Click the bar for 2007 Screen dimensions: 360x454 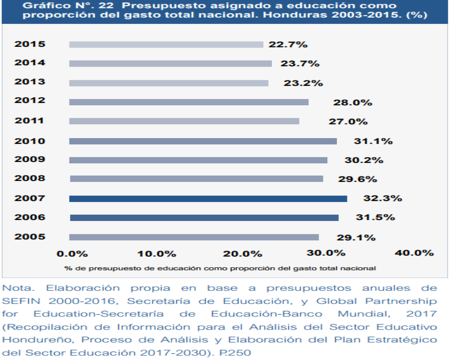pyautogui.click(x=208, y=198)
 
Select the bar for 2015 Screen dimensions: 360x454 pyautogui.click(x=166, y=45)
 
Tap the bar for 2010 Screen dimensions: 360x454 pyautogui.click(x=203, y=141)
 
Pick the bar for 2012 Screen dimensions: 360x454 pyautogui.click(x=189, y=102)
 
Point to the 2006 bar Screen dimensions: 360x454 pyautogui.click(x=204, y=218)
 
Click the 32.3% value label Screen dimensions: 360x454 pyautogui.click(x=383, y=198)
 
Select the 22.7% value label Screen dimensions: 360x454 pyautogui.click(x=288, y=45)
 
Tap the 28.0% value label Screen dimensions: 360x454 pyautogui.click(x=353, y=103)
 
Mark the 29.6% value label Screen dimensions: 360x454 pyautogui.click(x=357, y=179)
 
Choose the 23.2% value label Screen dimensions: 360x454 pyautogui.click(x=303, y=83)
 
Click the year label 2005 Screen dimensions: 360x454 pyautogui.click(x=30, y=237)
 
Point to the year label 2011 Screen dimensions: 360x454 pyautogui.click(x=30, y=121)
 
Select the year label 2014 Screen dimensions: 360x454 pyautogui.click(x=30, y=63)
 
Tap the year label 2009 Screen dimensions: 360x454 pyautogui.click(x=30, y=159)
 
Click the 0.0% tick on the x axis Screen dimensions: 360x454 pyautogui.click(x=72, y=253)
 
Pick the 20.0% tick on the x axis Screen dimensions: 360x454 pyautogui.click(x=242, y=253)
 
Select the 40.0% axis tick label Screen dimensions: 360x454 pyautogui.click(x=414, y=253)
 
